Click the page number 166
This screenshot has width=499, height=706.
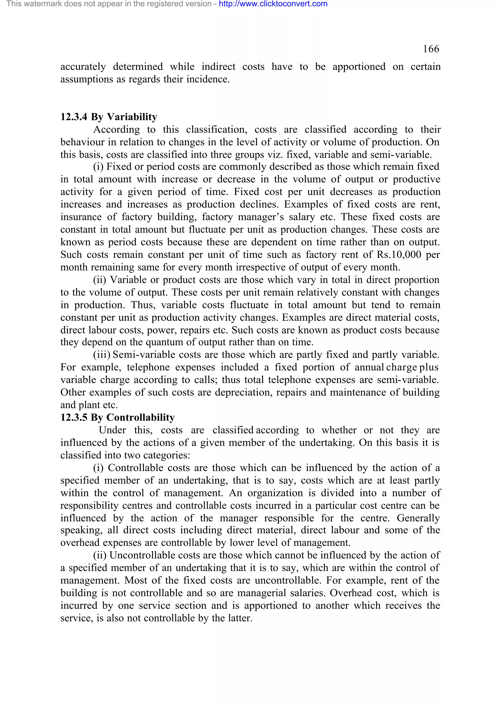431,49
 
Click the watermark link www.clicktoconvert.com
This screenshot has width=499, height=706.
273,4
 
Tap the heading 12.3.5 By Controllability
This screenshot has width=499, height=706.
117,417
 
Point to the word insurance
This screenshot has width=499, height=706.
81,217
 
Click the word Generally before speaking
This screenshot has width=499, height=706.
418,518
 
